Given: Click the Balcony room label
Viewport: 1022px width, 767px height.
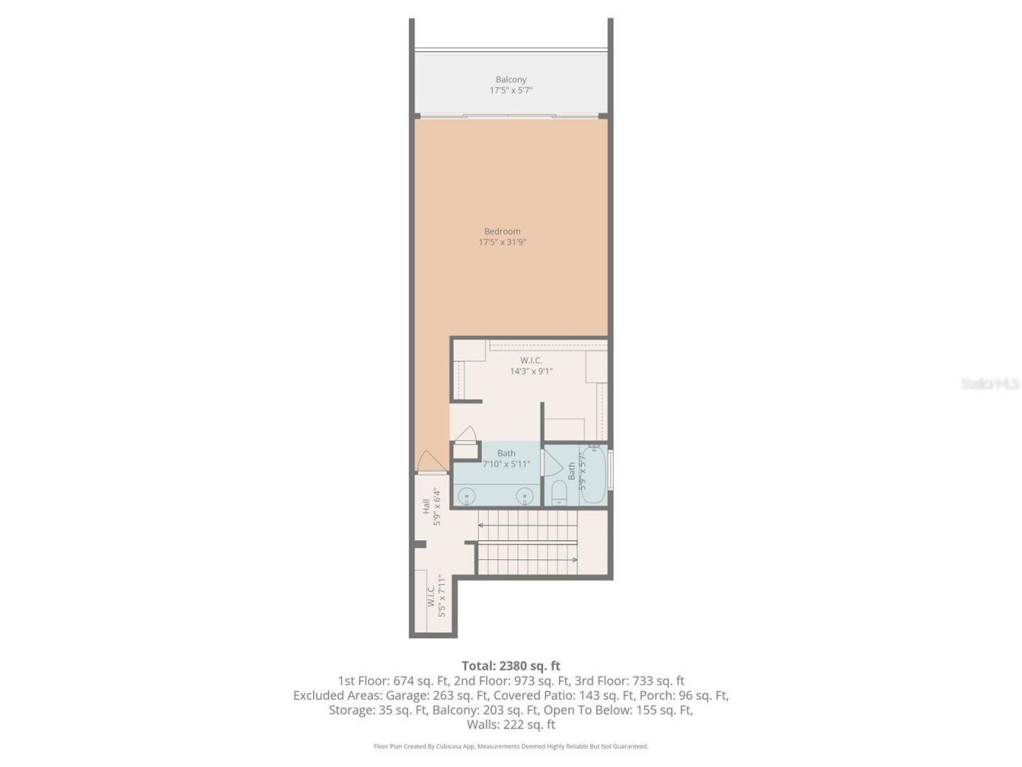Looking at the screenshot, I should point(511,79).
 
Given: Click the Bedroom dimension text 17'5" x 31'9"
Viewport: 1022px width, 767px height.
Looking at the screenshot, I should point(502,242).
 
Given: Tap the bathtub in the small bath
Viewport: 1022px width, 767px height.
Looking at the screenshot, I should point(592,476).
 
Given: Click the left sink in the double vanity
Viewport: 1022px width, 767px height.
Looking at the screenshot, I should point(466,496).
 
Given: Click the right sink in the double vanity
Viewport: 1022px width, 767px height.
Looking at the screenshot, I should point(525,496).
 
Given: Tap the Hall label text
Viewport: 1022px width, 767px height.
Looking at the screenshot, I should point(426,507).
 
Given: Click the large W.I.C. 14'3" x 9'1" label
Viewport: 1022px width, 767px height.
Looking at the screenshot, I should point(531,366).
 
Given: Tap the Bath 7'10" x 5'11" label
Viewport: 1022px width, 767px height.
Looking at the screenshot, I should point(506,459).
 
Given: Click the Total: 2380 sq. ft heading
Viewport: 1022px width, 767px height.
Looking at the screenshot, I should point(511,666).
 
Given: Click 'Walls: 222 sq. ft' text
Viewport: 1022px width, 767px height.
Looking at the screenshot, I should point(511,725).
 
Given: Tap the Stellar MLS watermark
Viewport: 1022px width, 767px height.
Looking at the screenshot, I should point(989,384).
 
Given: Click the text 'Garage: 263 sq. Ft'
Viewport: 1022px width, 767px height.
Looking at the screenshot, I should point(441,695).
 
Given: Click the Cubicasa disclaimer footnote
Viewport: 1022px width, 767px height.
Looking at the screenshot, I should point(511,746).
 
